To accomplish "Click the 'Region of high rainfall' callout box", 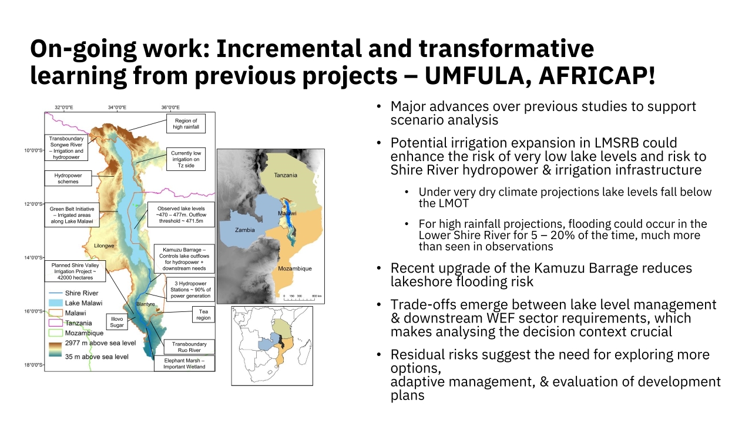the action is coord(186,123).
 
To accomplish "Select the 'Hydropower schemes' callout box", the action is coord(68,178).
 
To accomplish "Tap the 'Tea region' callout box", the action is coord(203,314).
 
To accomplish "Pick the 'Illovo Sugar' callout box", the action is coord(117,322).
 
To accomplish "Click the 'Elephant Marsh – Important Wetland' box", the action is coord(184,363).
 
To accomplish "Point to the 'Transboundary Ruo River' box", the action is coord(189,347).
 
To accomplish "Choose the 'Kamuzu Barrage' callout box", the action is coord(184,259).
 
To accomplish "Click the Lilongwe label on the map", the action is coord(104,246).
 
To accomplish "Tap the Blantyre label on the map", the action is coord(145,304).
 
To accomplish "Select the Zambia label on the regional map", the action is coord(245,230).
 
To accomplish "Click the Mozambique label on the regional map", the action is coord(295,268).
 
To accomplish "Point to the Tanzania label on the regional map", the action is coord(286,175).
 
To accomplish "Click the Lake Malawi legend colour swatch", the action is coord(56,303).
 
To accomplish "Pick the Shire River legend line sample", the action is coord(56,293).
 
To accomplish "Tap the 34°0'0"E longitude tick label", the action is coord(117,108).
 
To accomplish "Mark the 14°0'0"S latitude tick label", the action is coord(33,257).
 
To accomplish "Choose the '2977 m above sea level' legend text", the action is coord(100,343).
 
